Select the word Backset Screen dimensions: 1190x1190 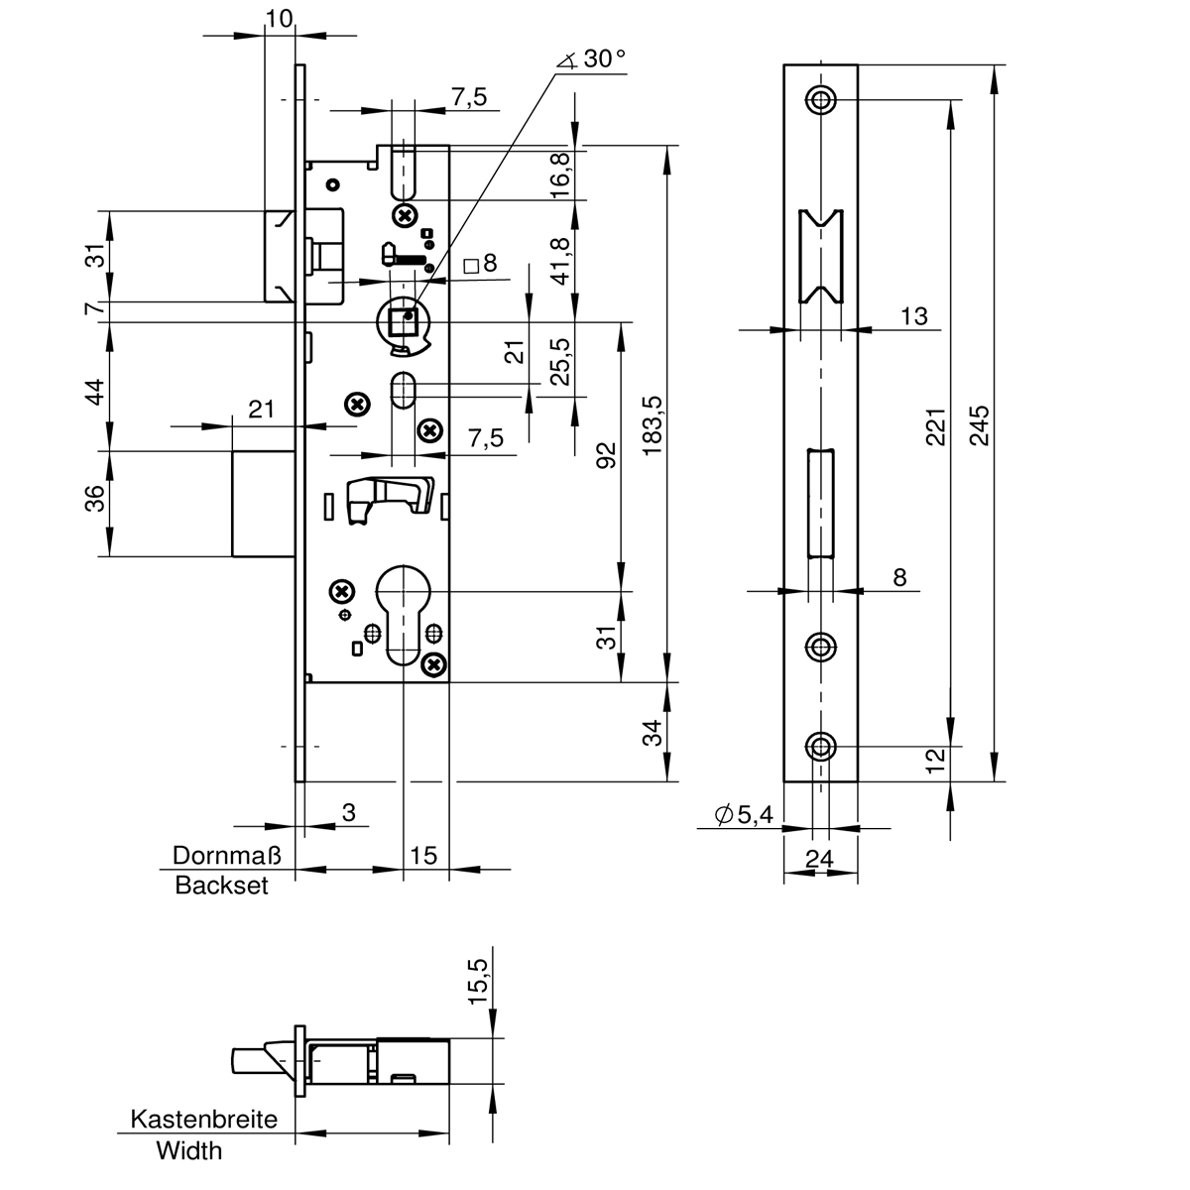pos(222,886)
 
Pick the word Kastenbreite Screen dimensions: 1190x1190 pos(204,1120)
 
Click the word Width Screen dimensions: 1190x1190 pos(189,1151)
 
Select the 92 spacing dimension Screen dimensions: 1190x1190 pos(607,454)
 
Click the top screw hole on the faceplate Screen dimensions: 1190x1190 pos(820,99)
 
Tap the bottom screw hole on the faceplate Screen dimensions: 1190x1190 pos(820,745)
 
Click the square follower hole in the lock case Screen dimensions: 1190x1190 pos(403,322)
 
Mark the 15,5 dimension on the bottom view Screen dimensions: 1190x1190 pos(479,983)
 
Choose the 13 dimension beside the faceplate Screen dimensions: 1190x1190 pos(914,315)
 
